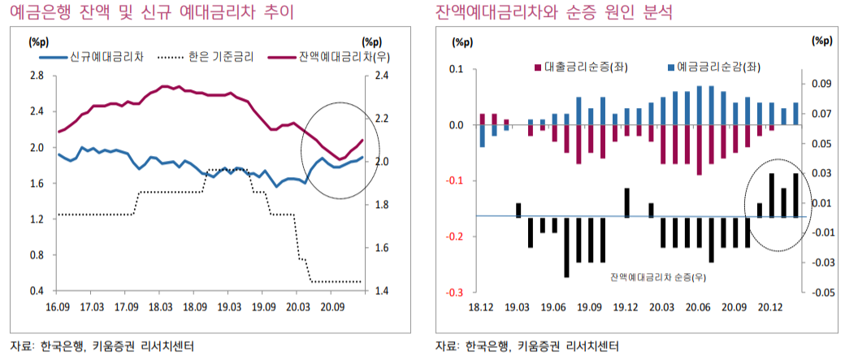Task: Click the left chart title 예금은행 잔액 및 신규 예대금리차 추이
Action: [x=145, y=12]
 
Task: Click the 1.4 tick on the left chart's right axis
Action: [x=381, y=291]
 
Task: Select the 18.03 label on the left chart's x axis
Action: [x=160, y=307]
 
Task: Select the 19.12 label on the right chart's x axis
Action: [x=626, y=307]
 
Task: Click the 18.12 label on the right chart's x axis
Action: [x=481, y=307]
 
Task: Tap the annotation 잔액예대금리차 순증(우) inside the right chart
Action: [x=656, y=277]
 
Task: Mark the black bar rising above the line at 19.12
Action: [x=627, y=202]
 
